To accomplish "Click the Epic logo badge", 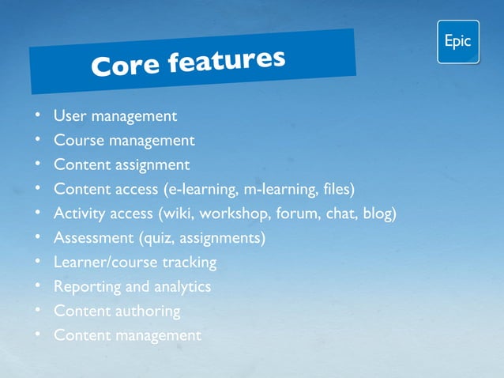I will [x=457, y=42].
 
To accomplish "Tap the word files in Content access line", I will [x=334, y=190].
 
